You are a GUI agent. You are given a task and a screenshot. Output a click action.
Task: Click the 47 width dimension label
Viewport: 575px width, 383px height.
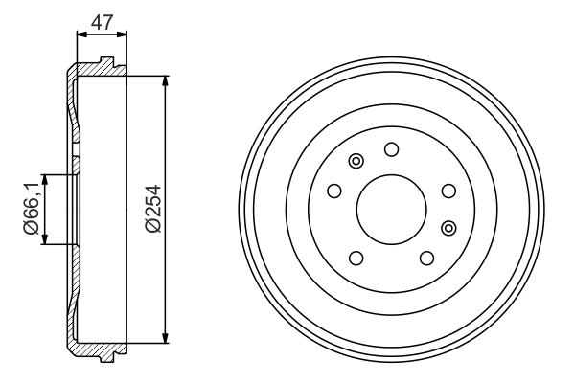[x=102, y=22]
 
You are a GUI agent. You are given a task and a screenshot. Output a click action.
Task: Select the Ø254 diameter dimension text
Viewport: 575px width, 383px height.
[x=153, y=209]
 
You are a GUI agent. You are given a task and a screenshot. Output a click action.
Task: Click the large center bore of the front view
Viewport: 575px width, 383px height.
[x=392, y=210]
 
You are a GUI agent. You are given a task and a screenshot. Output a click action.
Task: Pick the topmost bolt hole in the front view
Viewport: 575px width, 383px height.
[x=392, y=149]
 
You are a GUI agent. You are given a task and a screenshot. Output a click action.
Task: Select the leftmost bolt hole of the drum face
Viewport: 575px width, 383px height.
[x=334, y=191]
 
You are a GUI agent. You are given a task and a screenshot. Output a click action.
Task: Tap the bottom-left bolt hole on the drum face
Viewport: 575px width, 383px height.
[x=356, y=258]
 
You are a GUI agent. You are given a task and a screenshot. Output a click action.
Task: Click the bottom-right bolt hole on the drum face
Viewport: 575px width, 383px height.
[x=426, y=258]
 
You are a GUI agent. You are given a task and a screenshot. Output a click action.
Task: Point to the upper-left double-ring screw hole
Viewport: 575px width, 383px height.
[x=356, y=161]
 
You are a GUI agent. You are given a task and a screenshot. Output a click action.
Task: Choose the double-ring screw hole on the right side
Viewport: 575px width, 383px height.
[x=448, y=228]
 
